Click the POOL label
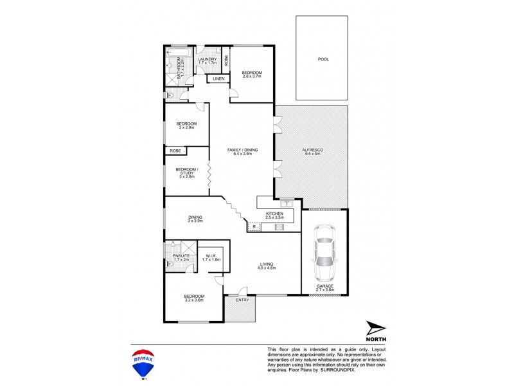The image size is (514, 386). tap(323, 59)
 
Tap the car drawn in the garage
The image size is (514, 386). tap(325, 248)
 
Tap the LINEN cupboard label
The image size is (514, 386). tap(218, 79)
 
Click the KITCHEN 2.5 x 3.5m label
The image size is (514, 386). tap(274, 216)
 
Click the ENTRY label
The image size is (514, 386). tap(242, 300)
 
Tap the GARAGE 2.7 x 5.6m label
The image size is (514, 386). tap(324, 288)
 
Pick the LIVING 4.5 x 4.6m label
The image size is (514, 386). tap(267, 265)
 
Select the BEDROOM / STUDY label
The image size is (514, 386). tap(187, 172)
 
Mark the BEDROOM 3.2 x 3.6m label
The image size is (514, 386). tap(193, 298)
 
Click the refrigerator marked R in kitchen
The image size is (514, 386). tap(254, 227)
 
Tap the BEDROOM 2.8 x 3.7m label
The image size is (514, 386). tap(252, 75)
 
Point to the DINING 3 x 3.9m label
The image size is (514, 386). tap(195, 219)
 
